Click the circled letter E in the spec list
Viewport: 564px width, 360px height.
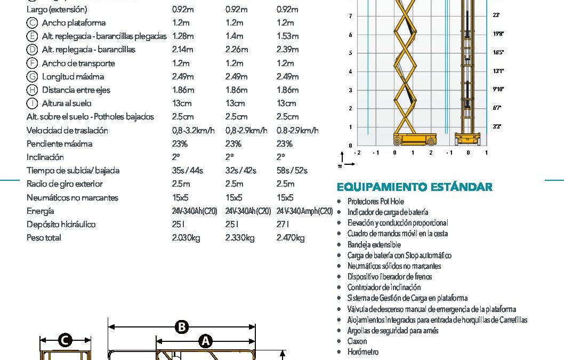[x=32, y=36]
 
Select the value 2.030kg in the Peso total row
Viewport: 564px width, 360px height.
[x=186, y=238]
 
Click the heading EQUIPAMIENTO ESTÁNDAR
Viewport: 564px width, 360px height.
[x=415, y=187]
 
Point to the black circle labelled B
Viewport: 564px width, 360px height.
[x=182, y=326]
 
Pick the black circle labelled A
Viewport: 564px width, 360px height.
[x=205, y=341]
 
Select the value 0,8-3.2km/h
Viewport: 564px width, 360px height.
[x=193, y=131]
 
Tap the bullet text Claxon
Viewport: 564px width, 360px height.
[x=357, y=341]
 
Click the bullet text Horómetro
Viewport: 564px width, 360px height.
[x=363, y=352]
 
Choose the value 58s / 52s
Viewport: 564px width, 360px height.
[x=292, y=171]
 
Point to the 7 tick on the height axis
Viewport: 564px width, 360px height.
[x=350, y=16]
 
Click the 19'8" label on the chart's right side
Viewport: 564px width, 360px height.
[x=498, y=34]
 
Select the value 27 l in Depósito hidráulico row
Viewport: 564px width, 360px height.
[x=284, y=225]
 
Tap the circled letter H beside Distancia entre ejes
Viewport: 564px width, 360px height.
[x=32, y=90]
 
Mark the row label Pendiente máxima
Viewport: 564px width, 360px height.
[x=59, y=144]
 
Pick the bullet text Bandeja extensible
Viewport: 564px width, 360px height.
[x=374, y=245]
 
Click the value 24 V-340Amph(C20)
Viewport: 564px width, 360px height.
[x=304, y=211]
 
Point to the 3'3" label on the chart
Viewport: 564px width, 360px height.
[x=497, y=126]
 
